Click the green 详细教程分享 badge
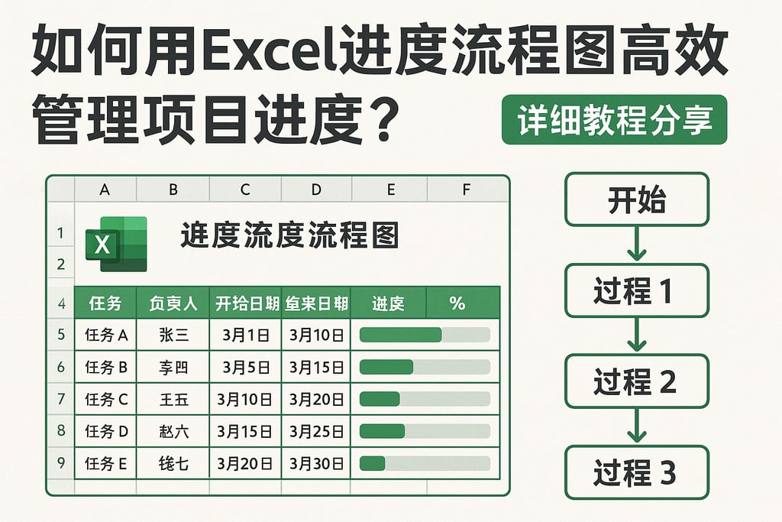[614, 120]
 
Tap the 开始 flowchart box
[637, 199]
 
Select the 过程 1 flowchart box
[637, 290]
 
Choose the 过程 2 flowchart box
[637, 381]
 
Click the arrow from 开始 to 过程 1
[637, 245]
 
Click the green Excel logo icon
[115, 244]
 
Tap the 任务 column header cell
[105, 303]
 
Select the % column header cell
[457, 303]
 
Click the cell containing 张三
[173, 335]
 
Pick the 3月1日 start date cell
[245, 335]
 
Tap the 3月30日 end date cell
[316, 463]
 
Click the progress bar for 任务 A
[425, 335]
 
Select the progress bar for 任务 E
[425, 463]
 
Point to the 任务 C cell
[105, 399]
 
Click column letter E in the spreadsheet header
[391, 190]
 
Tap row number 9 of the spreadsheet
[60, 463]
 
